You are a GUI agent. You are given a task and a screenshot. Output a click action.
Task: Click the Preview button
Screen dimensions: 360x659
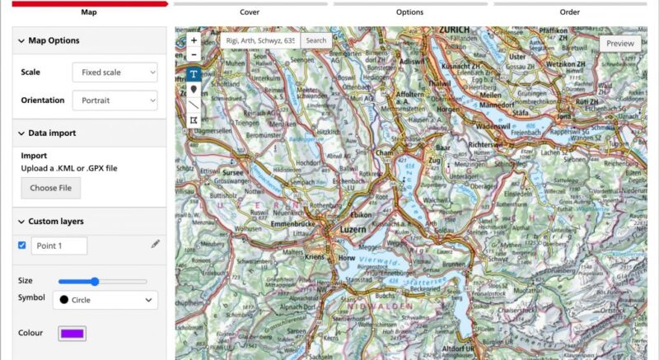620,43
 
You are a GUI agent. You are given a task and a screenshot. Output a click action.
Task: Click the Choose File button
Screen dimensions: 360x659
50,188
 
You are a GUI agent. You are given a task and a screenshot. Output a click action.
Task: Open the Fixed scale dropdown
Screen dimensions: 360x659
115,72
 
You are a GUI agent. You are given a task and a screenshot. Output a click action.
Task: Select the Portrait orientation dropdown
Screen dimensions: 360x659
115,101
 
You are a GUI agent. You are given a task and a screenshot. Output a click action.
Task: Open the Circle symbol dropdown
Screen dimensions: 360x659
105,300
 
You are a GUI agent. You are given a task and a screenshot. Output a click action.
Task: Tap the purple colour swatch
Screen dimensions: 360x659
72,334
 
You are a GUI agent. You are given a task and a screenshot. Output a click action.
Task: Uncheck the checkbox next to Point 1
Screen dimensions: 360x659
21,245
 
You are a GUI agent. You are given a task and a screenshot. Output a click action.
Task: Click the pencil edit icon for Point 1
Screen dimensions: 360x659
155,245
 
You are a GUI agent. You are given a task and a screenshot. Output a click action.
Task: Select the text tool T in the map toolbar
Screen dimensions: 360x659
194,72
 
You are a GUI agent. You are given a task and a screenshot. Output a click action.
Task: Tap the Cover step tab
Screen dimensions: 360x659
250,12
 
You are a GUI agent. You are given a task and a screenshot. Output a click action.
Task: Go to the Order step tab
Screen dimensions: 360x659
570,12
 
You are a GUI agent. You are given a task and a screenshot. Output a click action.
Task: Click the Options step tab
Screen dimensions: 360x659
409,12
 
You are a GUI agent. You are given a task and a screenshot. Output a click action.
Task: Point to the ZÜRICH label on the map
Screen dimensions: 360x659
454,30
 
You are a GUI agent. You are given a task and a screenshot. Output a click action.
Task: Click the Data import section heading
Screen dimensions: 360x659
52,133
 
